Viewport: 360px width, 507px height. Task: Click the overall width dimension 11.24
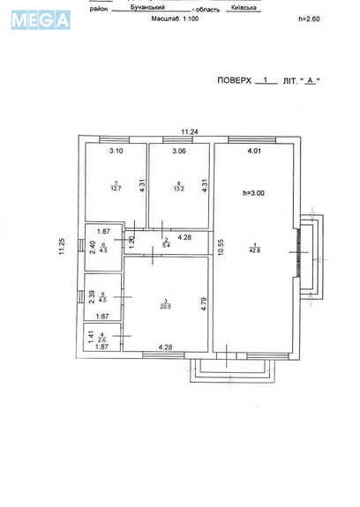189,131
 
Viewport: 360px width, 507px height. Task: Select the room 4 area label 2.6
102,338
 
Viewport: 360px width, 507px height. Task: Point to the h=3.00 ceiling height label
255,192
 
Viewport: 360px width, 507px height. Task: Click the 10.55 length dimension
220,248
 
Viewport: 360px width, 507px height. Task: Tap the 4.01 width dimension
254,152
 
